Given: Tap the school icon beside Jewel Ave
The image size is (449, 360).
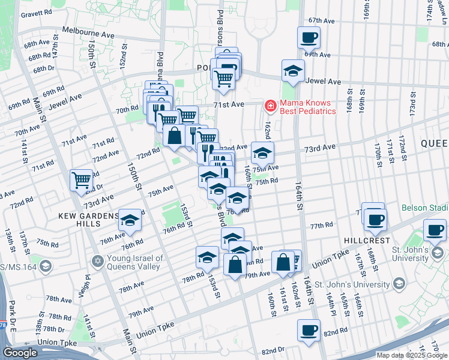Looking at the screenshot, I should (292, 71).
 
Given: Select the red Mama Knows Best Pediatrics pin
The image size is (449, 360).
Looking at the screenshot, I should (271, 106).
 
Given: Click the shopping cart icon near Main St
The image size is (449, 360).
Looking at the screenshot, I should (81, 179).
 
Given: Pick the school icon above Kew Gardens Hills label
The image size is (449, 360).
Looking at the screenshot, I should (130, 220).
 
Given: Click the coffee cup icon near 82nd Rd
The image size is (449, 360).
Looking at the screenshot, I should (309, 330).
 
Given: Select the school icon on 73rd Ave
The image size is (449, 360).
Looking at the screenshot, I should (262, 153).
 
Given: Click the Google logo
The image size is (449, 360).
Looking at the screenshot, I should (20, 353).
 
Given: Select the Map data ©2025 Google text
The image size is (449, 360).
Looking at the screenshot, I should (411, 355).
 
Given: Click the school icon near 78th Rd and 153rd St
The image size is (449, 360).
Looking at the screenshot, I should (207, 257).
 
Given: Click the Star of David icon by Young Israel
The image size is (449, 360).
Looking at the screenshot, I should (98, 262).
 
